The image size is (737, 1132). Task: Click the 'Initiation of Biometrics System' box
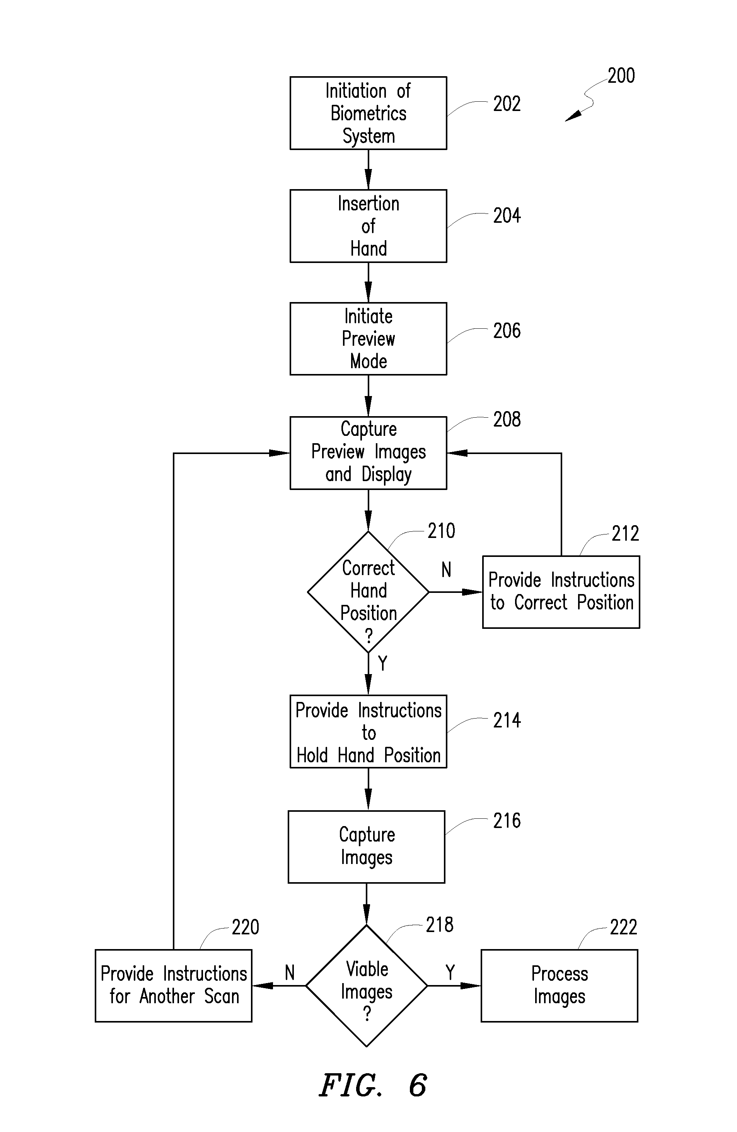[x=368, y=113]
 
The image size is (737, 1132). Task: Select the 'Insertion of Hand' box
[x=368, y=226]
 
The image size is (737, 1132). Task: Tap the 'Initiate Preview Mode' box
[x=368, y=339]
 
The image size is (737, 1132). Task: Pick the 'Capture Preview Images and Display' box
[x=368, y=453]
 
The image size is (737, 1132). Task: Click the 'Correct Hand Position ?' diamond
[x=368, y=592]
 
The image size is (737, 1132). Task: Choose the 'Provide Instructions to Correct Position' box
[x=561, y=592]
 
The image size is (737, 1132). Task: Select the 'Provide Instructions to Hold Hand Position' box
[x=368, y=731]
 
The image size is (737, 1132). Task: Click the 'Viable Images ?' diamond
[x=367, y=985]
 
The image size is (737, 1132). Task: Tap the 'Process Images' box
[x=559, y=985]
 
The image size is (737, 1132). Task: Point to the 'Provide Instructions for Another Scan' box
[x=174, y=985]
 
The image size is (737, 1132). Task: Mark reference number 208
[x=507, y=420]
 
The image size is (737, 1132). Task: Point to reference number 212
[x=625, y=534]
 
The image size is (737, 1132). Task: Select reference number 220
[x=246, y=927]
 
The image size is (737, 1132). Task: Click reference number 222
[x=623, y=927]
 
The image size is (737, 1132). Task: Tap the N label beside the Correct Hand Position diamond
[x=446, y=569]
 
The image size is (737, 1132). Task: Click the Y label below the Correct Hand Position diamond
[x=382, y=662]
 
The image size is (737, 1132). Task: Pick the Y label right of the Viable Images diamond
[x=450, y=972]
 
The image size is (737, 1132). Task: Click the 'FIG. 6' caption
[x=373, y=1085]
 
